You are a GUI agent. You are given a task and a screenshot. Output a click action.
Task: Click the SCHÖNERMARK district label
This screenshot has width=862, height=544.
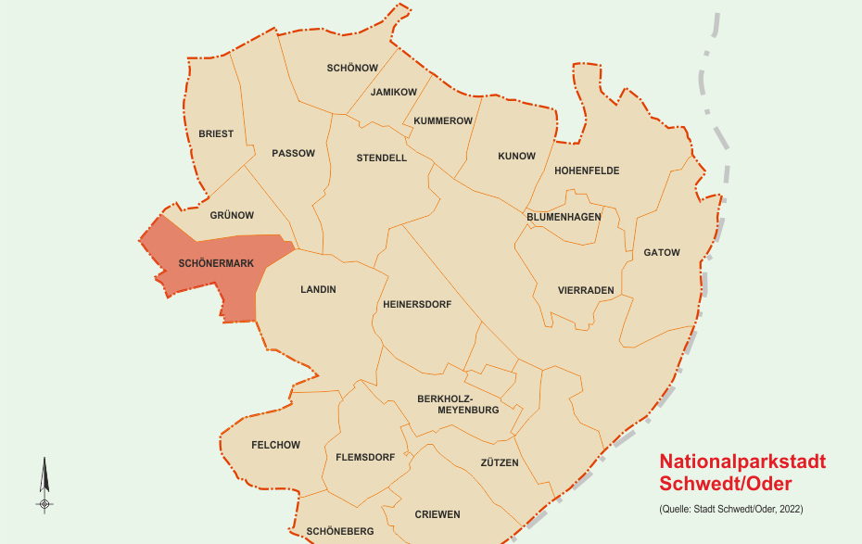pyautogui.click(x=216, y=263)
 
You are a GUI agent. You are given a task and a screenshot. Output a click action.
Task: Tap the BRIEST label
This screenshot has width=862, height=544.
pyautogui.click(x=216, y=133)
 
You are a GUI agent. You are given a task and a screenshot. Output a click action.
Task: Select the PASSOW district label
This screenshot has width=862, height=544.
pyautogui.click(x=293, y=153)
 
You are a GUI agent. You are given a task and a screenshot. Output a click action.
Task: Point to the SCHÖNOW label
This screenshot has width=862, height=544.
pyautogui.click(x=352, y=68)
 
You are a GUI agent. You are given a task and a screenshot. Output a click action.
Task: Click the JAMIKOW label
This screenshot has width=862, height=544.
pyautogui.click(x=393, y=92)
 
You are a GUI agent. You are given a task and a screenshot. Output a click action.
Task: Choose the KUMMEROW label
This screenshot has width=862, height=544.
pyautogui.click(x=443, y=120)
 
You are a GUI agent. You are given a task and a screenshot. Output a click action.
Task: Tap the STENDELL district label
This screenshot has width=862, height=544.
pyautogui.click(x=381, y=158)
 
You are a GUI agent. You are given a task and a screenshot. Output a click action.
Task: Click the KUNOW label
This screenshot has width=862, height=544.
pyautogui.click(x=516, y=156)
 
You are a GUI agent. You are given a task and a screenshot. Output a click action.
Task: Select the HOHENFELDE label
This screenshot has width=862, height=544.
pyautogui.click(x=587, y=171)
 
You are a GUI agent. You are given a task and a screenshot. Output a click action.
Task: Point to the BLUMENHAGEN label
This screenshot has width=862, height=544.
pyautogui.click(x=564, y=216)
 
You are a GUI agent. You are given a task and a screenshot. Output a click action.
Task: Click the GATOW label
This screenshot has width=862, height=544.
pyautogui.click(x=662, y=252)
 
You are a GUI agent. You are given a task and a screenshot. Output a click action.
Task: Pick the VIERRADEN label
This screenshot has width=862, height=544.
pyautogui.click(x=586, y=290)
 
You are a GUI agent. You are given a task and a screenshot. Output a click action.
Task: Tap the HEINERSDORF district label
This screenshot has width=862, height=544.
pyautogui.click(x=416, y=303)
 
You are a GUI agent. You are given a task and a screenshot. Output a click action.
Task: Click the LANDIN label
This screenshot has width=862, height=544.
pyautogui.click(x=318, y=289)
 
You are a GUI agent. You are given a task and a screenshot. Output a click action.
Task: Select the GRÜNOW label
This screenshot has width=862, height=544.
pyautogui.click(x=232, y=215)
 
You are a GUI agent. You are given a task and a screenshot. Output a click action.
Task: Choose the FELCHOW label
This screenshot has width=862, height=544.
pyautogui.click(x=275, y=445)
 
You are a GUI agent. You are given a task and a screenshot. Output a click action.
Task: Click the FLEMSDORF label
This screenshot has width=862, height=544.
pyautogui.click(x=365, y=457)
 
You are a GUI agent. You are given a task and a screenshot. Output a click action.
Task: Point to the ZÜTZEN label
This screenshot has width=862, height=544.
pyautogui.click(x=500, y=462)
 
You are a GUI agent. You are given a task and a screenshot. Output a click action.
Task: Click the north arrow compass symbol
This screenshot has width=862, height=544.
pyautogui.click(x=44, y=485)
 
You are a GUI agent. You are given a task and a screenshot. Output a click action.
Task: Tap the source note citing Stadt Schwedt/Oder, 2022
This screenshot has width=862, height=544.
pyautogui.click(x=730, y=509)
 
